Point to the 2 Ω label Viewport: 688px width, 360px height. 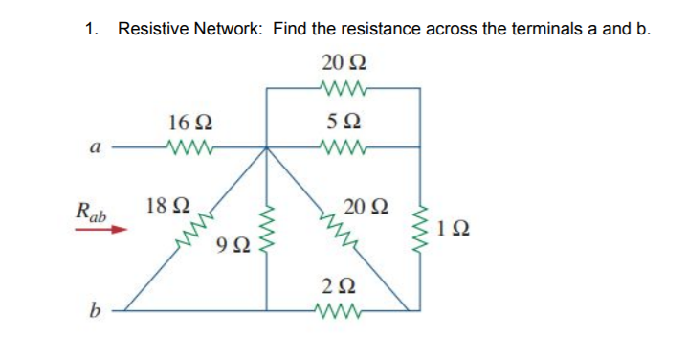click(344, 283)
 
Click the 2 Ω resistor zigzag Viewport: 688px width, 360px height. click(344, 308)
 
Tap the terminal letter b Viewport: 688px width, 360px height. click(94, 310)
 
